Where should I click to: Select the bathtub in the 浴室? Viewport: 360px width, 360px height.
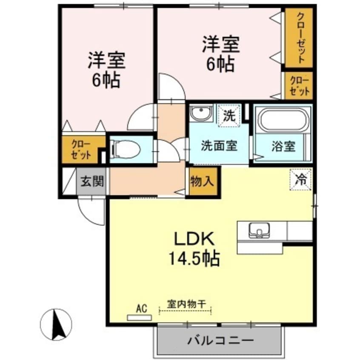click(283, 120)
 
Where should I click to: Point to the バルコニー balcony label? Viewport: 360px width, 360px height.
click(220, 340)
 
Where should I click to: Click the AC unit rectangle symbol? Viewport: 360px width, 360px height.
click(139, 317)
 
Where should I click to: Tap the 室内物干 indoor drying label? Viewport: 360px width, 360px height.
click(186, 304)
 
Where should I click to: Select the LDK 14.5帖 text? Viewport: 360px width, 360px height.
click(195, 249)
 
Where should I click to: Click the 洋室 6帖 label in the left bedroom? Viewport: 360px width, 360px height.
click(106, 70)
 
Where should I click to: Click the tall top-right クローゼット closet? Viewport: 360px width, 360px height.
click(300, 37)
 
